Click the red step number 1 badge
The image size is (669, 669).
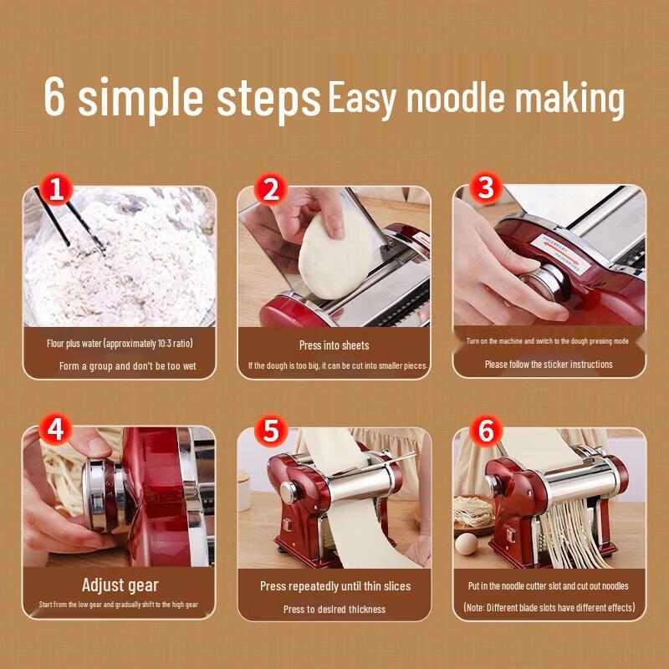pos(56,189)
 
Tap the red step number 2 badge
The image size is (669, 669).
pos(270,189)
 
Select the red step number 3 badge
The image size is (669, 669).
pos(486,187)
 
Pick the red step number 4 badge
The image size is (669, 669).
pos(55,429)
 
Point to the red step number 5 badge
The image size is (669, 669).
pos(270,430)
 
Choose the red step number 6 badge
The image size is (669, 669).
pos(486,430)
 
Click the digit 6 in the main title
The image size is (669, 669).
pos(54,96)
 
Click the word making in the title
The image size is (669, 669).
pos(569,100)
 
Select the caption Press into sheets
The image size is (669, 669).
pos(334,345)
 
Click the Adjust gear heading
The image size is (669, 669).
pos(120,585)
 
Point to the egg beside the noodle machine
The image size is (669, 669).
pos(466,544)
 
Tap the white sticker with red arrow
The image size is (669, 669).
pos(560,253)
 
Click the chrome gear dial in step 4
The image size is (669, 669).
pos(102,495)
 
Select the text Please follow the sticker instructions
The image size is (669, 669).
pos(549,365)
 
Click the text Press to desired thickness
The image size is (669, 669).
pos(334,610)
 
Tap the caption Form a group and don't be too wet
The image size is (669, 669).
pos(128,366)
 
